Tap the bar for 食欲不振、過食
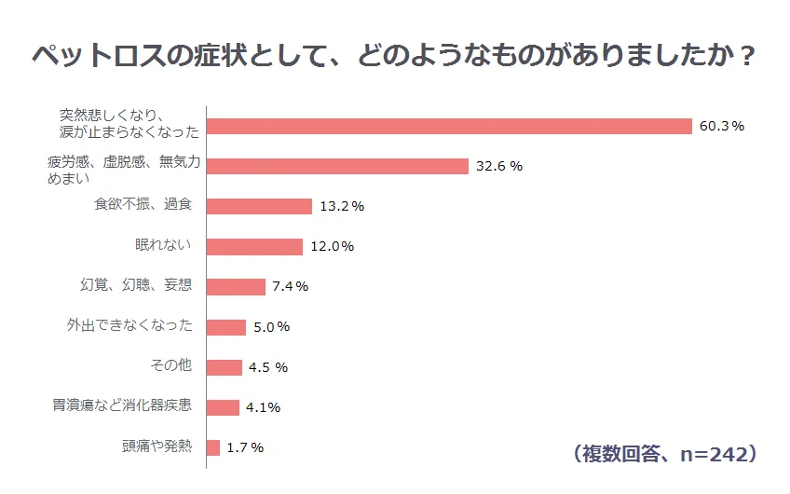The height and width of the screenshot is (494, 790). (x=259, y=206)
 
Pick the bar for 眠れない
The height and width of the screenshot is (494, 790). (x=254, y=246)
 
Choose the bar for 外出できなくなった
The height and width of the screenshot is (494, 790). (x=226, y=327)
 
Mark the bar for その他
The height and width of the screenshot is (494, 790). (x=225, y=367)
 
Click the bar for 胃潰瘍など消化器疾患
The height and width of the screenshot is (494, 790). (x=223, y=407)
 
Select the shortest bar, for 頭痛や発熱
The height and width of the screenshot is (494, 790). (x=213, y=447)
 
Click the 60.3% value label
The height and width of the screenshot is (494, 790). (x=721, y=127)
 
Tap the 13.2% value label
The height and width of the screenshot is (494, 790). (x=341, y=207)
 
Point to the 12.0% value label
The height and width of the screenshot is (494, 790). (x=332, y=247)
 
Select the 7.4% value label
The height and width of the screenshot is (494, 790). (x=290, y=287)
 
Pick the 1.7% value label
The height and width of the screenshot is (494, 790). (x=244, y=448)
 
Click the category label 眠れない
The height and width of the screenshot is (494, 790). (x=164, y=246)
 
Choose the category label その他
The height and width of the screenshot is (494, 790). (x=171, y=366)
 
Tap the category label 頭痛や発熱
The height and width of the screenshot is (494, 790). (x=157, y=446)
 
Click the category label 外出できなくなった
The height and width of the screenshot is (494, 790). (x=129, y=326)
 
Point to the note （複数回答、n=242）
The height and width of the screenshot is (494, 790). (x=662, y=454)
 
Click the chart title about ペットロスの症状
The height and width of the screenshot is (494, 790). (x=393, y=55)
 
